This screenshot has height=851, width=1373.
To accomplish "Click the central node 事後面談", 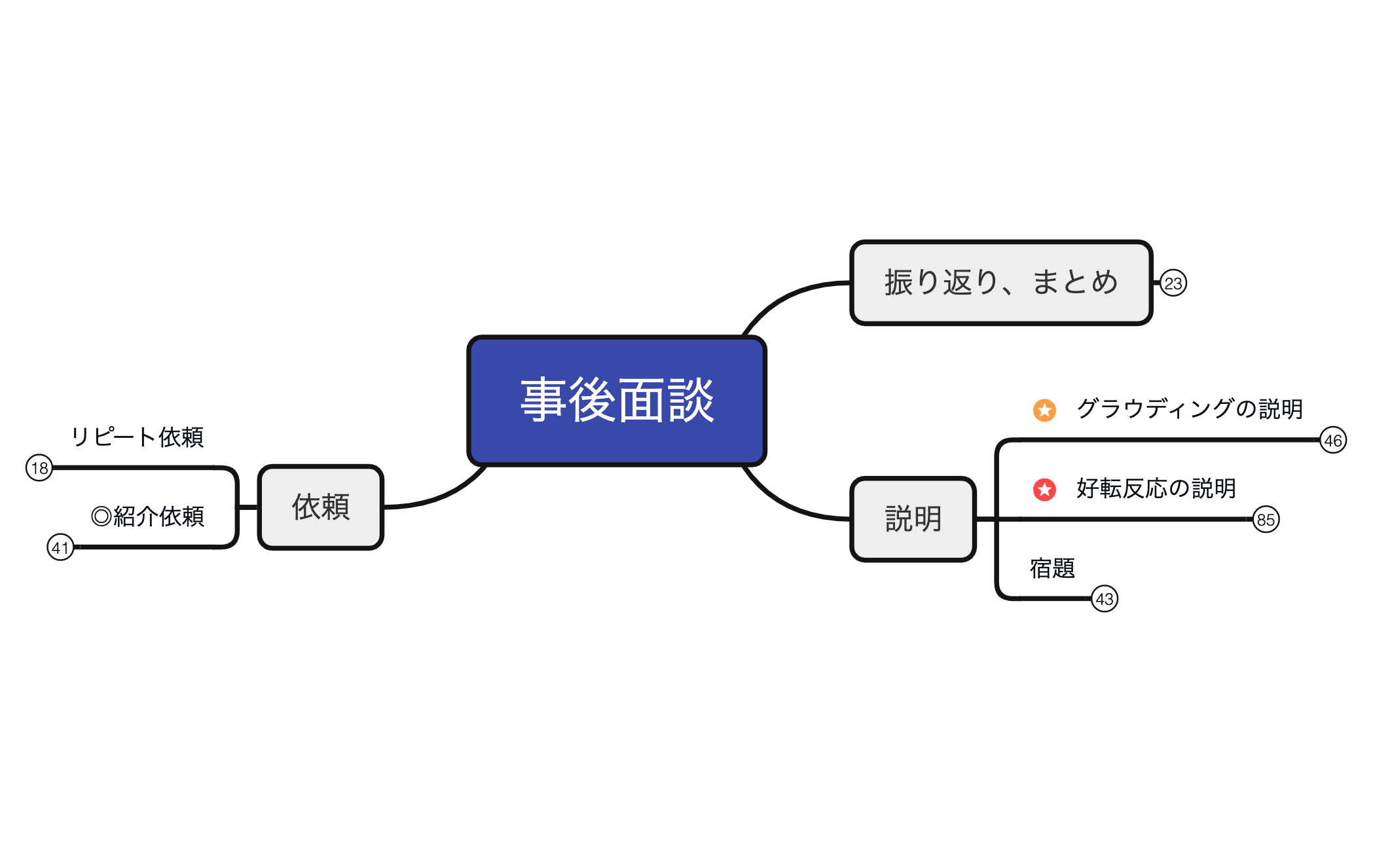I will point(616,401).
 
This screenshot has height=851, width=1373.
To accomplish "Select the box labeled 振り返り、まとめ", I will point(1000,283).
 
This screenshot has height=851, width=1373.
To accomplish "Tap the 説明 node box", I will point(913,519).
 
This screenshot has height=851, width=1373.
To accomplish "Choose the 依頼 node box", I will point(320,507).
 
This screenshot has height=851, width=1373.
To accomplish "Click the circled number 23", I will point(1173,283).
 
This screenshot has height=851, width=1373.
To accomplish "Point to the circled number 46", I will point(1332,441).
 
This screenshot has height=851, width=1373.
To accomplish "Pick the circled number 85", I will point(1266,520).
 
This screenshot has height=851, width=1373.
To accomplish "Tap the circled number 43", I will point(1105,599).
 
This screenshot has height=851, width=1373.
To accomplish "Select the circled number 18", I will point(39,468).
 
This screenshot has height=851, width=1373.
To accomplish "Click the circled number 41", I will point(60,547).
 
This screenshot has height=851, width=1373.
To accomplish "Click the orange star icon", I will point(1044,410).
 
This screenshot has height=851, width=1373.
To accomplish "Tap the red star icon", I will point(1044,490).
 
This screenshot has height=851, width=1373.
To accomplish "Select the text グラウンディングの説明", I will point(1189,409).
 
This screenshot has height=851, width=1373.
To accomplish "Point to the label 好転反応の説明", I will point(1156,488).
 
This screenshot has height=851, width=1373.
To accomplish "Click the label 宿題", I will point(1052,568).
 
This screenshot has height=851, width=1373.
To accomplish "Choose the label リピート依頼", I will point(137,437).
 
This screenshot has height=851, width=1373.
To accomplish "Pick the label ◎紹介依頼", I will point(147,516).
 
